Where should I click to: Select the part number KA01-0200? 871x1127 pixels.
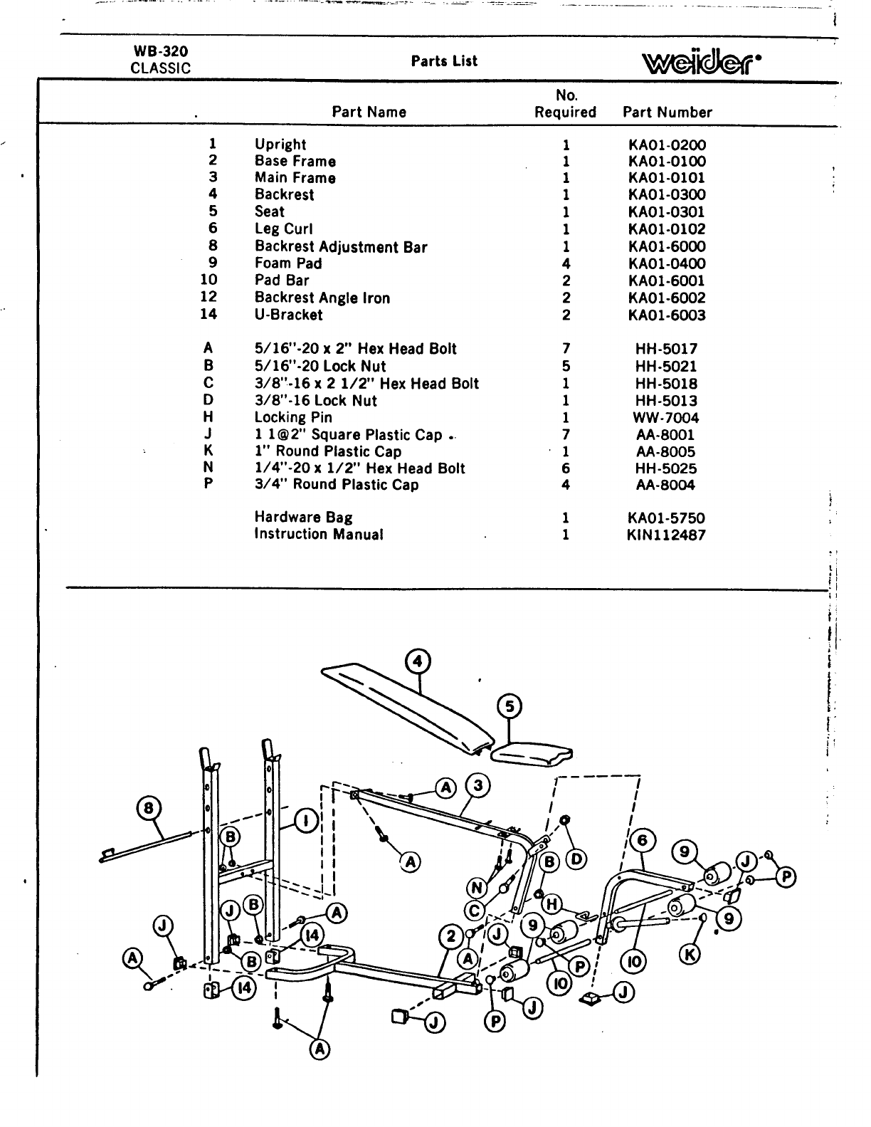click(667, 145)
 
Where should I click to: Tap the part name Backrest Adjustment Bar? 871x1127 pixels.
click(341, 247)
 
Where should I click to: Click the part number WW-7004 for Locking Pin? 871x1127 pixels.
click(666, 418)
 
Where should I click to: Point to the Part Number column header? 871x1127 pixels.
click(667, 112)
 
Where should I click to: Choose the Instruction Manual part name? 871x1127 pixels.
click(319, 534)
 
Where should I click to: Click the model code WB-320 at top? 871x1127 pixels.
click(161, 51)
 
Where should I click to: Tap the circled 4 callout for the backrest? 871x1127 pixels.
click(418, 662)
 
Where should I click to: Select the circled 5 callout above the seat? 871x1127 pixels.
click(510, 706)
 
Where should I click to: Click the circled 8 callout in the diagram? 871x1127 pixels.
click(149, 808)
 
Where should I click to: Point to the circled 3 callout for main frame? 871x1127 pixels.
click(477, 786)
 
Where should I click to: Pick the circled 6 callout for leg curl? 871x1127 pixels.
click(643, 841)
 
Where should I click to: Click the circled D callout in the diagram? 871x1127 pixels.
click(576, 860)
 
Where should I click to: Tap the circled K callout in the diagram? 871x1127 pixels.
click(689, 954)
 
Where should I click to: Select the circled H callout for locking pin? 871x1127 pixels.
click(551, 904)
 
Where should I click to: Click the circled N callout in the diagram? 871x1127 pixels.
click(477, 888)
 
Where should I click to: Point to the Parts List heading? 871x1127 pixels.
click(444, 61)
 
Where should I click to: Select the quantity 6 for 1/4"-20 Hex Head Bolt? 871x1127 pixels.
click(566, 468)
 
